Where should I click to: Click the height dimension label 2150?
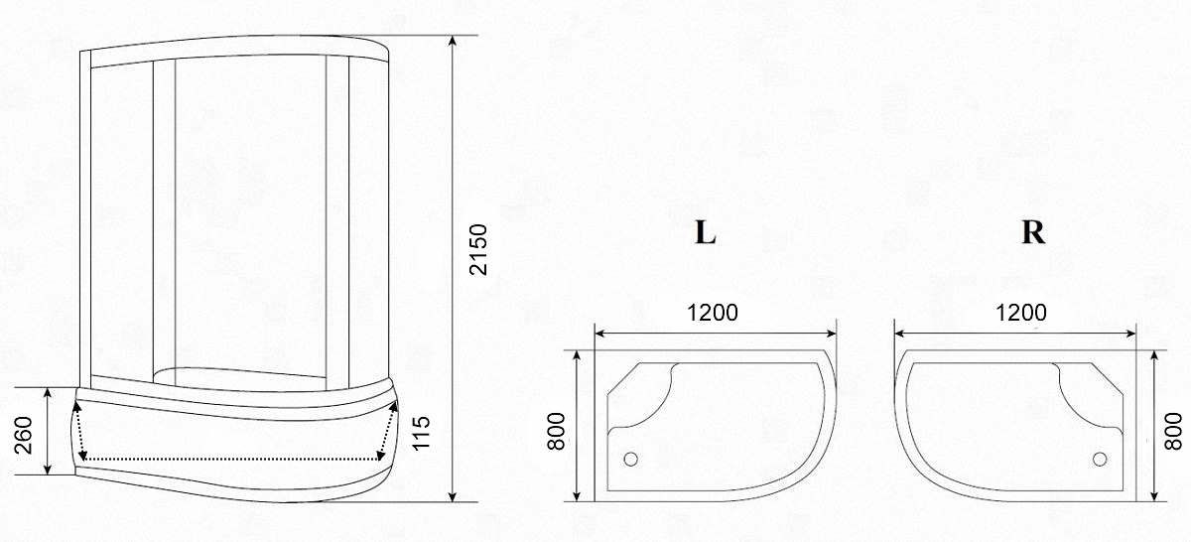click(478, 249)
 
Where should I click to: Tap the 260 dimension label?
click(23, 435)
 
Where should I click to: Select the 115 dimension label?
click(421, 433)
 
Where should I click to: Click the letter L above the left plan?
click(705, 233)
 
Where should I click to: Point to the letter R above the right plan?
click(1033, 232)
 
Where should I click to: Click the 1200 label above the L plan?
click(713, 313)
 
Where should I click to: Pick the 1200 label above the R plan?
click(1021, 313)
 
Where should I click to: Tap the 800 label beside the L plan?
click(556, 431)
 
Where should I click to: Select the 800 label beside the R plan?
click(1173, 431)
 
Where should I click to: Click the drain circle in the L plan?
click(630, 459)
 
